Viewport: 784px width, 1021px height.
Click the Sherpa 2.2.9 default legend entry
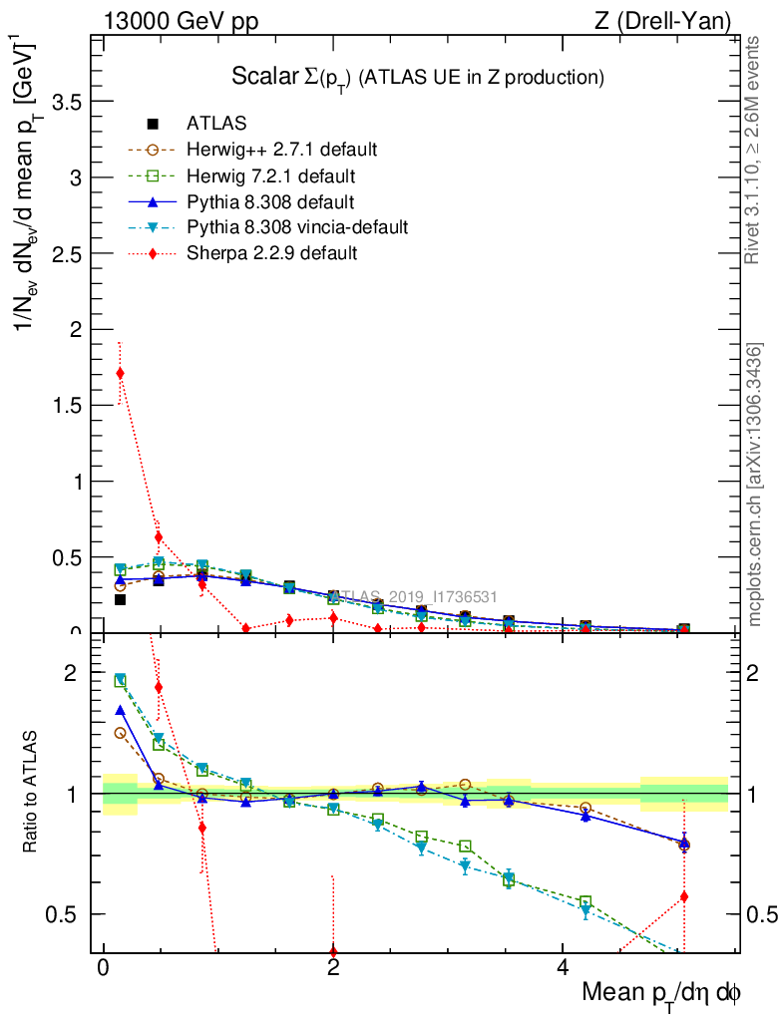(271, 253)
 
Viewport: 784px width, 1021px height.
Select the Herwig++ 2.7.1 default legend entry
(281, 150)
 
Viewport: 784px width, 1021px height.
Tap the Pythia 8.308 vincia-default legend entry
(297, 227)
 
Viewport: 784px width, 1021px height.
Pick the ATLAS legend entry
(216, 124)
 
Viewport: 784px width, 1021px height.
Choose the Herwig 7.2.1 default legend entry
(270, 175)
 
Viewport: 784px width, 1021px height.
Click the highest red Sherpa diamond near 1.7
(120, 373)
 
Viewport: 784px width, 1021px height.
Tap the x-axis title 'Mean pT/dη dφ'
(660, 993)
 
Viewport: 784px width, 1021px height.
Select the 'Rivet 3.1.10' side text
(753, 150)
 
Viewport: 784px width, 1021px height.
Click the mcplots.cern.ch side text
(755, 485)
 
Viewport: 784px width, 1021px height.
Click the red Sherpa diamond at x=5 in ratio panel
(684, 896)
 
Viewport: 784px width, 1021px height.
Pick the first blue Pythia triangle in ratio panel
(120, 710)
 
